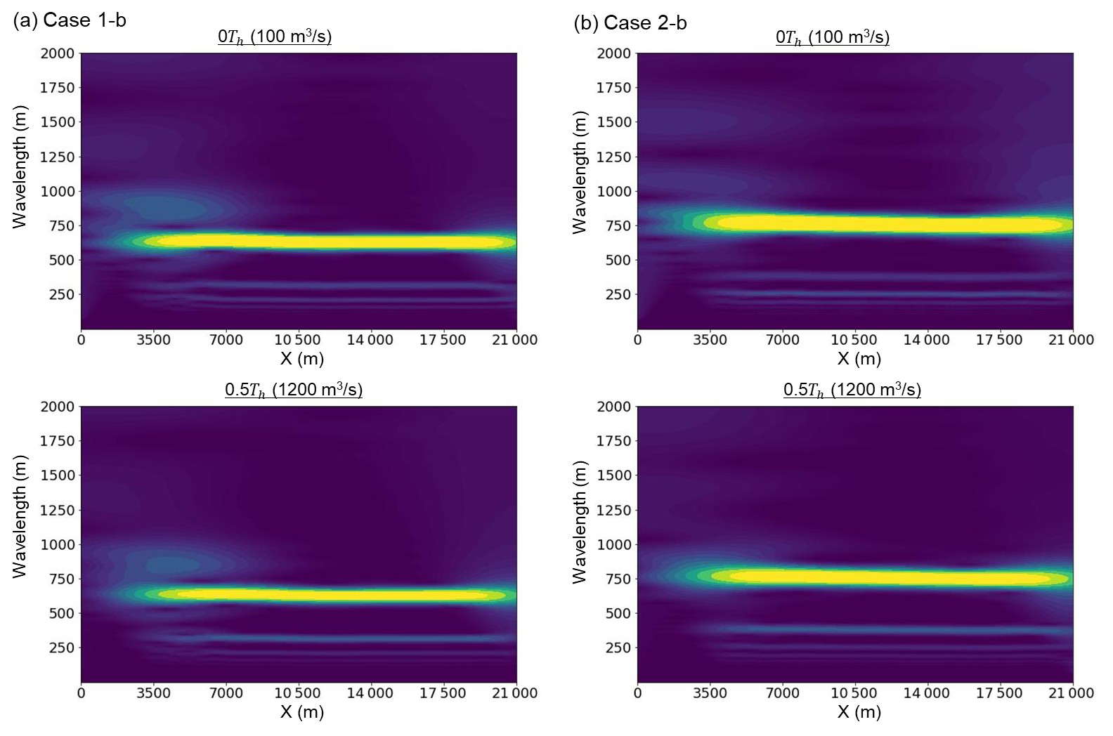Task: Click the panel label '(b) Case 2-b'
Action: [630, 23]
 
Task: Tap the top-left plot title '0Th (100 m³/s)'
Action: [275, 37]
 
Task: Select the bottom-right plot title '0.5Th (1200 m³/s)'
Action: [852, 390]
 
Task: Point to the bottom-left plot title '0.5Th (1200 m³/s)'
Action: [294, 390]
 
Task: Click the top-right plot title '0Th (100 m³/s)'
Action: [833, 37]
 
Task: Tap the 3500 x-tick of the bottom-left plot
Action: [154, 694]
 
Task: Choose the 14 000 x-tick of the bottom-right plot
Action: [927, 694]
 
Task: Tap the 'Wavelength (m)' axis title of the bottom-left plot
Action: [20, 520]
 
